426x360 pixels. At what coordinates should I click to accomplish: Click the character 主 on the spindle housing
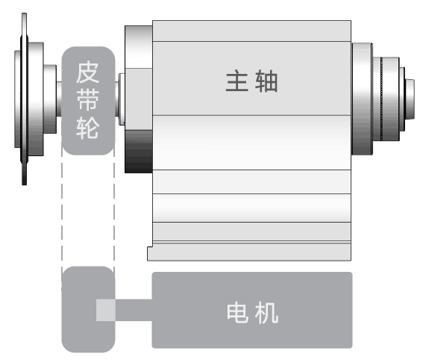pos(237,81)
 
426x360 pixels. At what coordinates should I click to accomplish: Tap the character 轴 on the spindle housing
pos(266,81)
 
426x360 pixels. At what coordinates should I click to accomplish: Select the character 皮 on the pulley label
pos(87,72)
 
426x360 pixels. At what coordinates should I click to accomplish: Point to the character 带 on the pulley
pos(87,100)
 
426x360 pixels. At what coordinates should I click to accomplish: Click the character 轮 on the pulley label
pos(87,128)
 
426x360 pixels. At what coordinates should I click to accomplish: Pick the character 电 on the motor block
pos(237,313)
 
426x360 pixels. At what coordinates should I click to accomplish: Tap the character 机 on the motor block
pos(266,313)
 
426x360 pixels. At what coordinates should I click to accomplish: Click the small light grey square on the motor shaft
pos(106,310)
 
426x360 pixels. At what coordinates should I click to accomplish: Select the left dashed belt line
pos(62,209)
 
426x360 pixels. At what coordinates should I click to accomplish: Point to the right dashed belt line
pos(114,209)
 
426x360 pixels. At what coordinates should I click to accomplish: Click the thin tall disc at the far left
pos(24,99)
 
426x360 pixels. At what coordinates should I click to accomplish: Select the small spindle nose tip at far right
pos(410,99)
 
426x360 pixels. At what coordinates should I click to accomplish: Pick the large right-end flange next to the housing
pos(362,99)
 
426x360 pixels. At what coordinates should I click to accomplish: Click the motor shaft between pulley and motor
pos(134,310)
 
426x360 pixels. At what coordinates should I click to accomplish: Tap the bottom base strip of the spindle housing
pos(249,252)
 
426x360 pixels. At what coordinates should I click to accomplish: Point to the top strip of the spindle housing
pos(251,31)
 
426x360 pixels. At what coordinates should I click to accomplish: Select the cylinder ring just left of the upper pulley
pos(50,99)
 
